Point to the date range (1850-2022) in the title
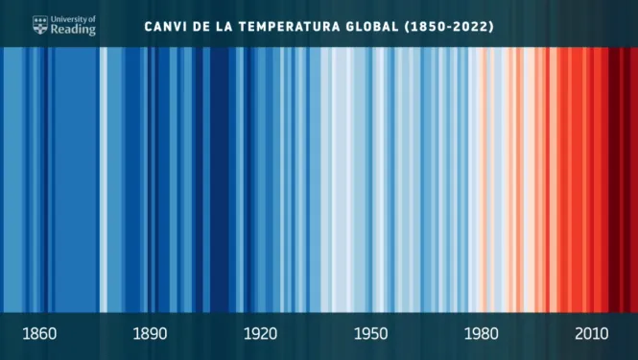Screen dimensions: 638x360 tap(449, 27)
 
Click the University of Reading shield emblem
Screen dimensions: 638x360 tap(40, 25)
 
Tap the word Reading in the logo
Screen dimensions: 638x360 tap(73, 30)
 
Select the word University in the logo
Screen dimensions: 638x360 tap(67, 19)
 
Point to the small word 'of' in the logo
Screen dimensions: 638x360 tap(91, 19)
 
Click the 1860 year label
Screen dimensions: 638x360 tap(39, 334)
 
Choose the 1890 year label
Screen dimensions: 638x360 tap(150, 334)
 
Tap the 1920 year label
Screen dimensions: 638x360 tap(260, 334)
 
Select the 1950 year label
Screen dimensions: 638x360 tap(370, 334)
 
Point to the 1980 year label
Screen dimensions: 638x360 tap(482, 334)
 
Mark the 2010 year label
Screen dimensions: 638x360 tap(592, 334)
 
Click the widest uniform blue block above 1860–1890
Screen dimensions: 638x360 tap(76, 180)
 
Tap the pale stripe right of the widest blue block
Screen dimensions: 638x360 tap(104, 180)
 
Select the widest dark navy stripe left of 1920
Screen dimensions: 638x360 tap(220, 180)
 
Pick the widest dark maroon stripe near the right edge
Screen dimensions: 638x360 tap(614, 180)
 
